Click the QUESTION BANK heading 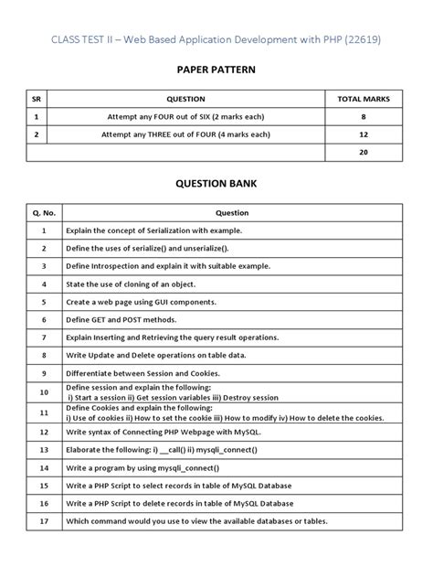pyautogui.click(x=216, y=183)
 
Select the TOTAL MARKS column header pyautogui.click(x=363, y=99)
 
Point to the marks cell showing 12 pyautogui.click(x=363, y=134)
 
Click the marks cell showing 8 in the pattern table pyautogui.click(x=363, y=117)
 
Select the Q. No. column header pyautogui.click(x=43, y=212)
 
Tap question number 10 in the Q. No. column pyautogui.click(x=43, y=392)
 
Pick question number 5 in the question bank pyautogui.click(x=43, y=301)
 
